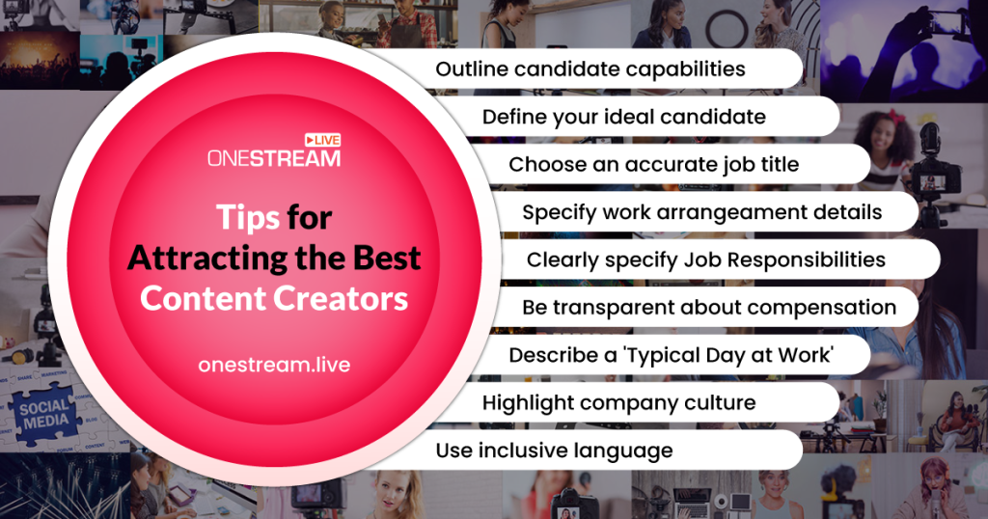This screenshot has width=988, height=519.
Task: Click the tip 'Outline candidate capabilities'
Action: [x=590, y=69]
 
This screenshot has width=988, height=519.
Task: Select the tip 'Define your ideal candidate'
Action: [x=623, y=117]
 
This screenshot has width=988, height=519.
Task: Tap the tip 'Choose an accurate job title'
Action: [x=653, y=164]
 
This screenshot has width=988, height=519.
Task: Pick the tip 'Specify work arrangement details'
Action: [x=701, y=212]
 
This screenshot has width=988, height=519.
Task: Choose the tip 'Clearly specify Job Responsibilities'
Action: [x=705, y=259]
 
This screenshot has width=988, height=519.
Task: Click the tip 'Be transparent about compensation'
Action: [x=709, y=307]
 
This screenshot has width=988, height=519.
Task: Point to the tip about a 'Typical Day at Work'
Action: [x=672, y=355]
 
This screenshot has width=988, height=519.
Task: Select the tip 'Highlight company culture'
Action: [x=618, y=402]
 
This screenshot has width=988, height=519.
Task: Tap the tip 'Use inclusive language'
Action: [x=554, y=451]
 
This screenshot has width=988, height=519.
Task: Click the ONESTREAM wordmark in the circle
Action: [x=273, y=157]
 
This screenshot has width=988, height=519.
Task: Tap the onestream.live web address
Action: [x=274, y=365]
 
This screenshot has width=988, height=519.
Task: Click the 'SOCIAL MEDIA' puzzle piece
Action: [x=44, y=414]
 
